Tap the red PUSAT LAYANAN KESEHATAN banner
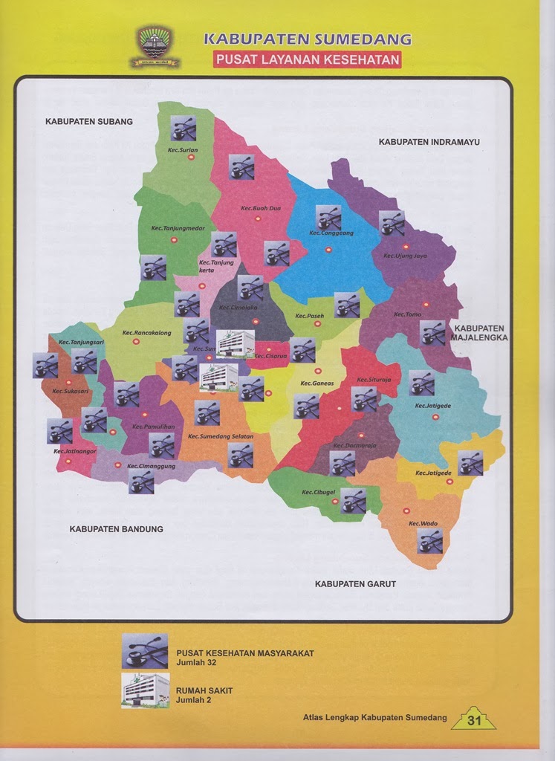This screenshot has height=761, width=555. point(307,59)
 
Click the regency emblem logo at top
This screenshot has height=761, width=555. point(155,47)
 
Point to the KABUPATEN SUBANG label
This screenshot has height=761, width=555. point(88,121)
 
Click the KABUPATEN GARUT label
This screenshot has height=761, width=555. point(355,584)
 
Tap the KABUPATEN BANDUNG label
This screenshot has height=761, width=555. point(116,529)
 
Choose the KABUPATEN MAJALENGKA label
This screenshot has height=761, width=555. point(479,332)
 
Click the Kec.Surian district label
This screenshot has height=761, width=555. point(183,149)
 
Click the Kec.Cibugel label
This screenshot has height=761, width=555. point(319,493)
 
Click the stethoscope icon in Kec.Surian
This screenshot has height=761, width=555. point(183,129)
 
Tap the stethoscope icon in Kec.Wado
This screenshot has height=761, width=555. point(430,541)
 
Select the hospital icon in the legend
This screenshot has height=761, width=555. point(145,690)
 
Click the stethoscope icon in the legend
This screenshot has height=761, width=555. point(145,651)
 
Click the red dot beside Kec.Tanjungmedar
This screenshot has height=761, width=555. point(175,239)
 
